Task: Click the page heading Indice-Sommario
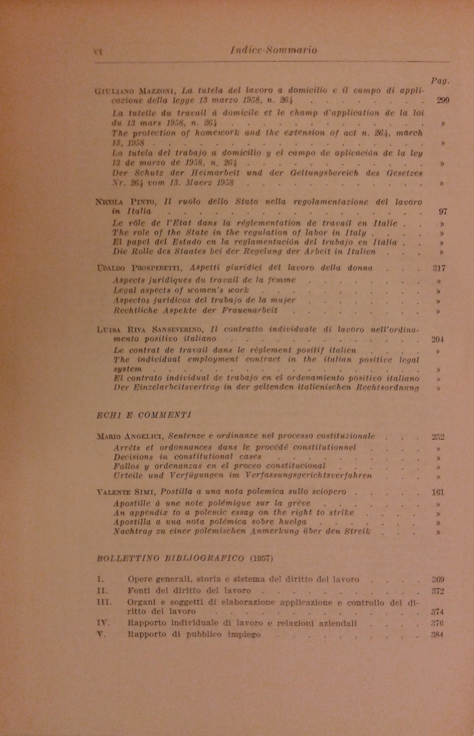coord(273,50)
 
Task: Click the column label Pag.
coord(441,81)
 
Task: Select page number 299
coord(443,100)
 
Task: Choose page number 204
coord(437,340)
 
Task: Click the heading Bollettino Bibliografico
coord(170,559)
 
